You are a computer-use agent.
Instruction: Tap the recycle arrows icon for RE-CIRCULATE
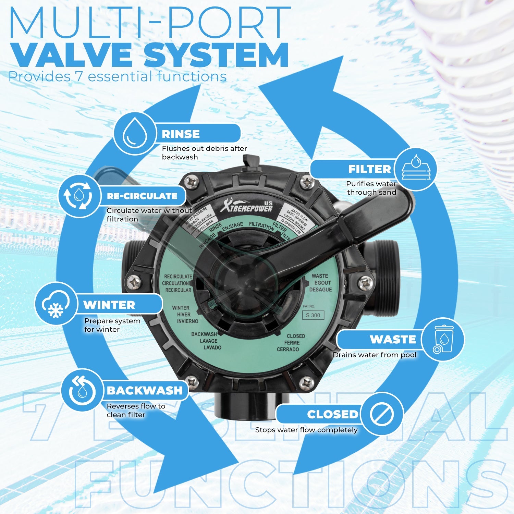tap(79, 196)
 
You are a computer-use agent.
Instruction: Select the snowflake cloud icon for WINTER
tap(56, 304)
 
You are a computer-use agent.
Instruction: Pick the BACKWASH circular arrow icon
tap(82, 390)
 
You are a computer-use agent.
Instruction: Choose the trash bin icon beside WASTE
tap(443, 339)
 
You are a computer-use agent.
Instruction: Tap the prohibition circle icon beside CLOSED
tap(382, 414)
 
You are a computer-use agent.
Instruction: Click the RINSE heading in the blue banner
tap(181, 134)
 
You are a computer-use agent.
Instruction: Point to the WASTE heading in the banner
tap(393, 339)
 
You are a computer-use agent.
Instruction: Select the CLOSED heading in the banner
tap(332, 414)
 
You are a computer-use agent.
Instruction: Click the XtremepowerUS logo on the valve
tap(247, 206)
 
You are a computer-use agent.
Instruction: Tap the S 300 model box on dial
tap(313, 315)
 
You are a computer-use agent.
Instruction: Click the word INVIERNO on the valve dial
tap(187, 321)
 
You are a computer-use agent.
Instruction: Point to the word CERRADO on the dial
tap(288, 349)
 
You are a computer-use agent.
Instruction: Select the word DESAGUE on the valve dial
tap(320, 290)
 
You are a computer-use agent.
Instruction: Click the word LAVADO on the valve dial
tap(212, 347)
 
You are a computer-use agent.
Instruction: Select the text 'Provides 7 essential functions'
tap(117, 76)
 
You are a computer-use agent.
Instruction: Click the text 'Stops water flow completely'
tap(306, 430)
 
